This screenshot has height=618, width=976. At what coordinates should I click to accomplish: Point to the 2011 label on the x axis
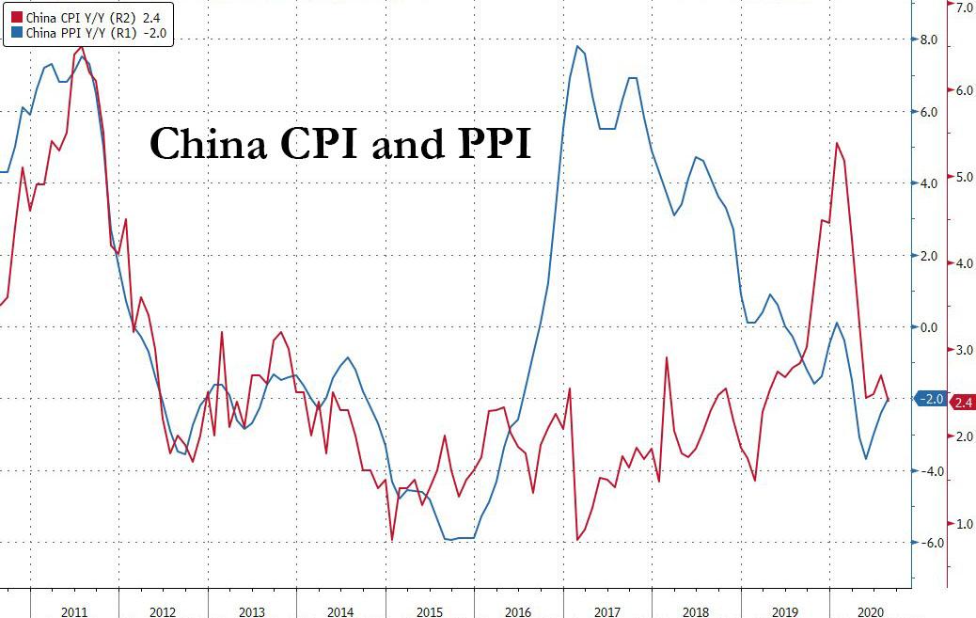click(x=74, y=612)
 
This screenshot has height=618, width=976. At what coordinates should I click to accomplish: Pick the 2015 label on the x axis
click(x=429, y=612)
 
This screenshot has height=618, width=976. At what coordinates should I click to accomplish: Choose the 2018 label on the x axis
click(x=695, y=612)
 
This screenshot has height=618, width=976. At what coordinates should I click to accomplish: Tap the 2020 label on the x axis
click(x=872, y=612)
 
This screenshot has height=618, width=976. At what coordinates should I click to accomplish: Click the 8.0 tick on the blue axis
click(x=929, y=40)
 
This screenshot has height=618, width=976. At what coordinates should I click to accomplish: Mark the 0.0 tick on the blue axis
click(x=929, y=327)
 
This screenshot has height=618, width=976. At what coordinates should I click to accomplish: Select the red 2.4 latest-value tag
click(x=963, y=403)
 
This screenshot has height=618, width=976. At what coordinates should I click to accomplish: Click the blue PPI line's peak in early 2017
click(x=577, y=47)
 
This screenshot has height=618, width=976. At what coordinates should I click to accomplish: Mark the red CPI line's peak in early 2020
click(x=837, y=143)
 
